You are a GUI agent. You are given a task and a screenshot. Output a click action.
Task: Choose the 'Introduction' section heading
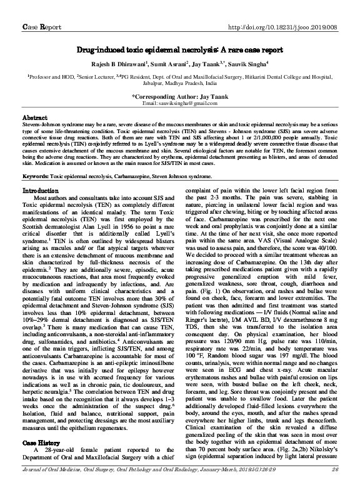(x=40, y=191)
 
